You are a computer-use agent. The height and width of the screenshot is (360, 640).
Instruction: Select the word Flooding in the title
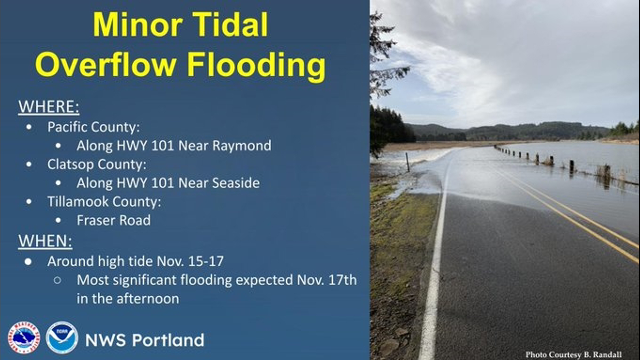tap(256, 65)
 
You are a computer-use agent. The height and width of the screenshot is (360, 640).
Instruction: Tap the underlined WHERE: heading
tap(49, 107)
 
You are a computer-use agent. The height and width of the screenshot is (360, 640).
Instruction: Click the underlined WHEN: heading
tap(45, 241)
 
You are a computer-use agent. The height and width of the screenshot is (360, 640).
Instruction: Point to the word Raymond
tap(242, 146)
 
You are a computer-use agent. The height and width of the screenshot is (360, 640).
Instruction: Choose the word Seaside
tap(236, 183)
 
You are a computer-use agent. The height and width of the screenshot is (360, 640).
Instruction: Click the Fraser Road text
tap(113, 220)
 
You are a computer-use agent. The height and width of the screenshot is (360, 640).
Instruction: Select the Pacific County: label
tap(93, 127)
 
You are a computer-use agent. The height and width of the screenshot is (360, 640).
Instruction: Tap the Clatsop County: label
tap(97, 164)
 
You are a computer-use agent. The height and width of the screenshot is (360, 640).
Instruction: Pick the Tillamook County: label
tap(104, 202)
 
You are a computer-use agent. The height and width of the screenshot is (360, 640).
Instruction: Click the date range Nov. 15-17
tap(190, 261)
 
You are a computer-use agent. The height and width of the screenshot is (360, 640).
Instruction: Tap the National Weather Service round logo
tap(24, 338)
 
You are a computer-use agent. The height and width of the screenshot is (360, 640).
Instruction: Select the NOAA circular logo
tap(62, 338)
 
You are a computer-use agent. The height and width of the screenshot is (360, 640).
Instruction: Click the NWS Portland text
tap(145, 340)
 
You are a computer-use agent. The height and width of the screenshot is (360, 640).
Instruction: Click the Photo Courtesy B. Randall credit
tap(573, 355)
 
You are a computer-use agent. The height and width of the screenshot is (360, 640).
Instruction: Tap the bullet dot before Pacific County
tap(29, 127)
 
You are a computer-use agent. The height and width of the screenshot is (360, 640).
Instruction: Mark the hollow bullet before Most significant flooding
tap(57, 280)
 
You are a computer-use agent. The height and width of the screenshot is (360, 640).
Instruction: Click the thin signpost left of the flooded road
tap(407, 162)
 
